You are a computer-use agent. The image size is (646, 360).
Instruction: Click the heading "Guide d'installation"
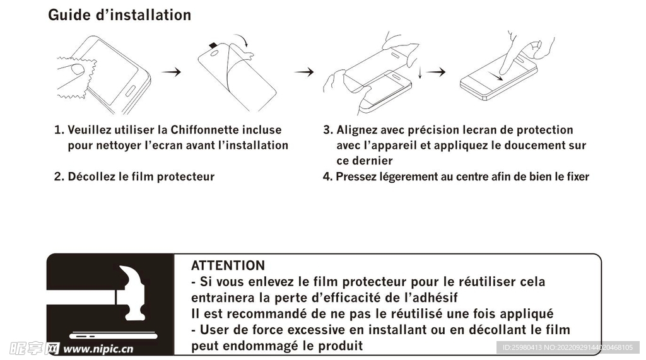pos(119,15)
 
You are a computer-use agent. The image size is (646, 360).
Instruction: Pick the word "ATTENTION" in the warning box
pos(228,265)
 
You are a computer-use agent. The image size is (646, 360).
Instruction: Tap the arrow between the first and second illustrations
pos(171,72)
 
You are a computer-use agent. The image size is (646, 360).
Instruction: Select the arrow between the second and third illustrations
pos(303,72)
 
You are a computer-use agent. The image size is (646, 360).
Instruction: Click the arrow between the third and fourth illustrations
pos(435,72)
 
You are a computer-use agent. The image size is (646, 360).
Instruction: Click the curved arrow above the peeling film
pos(242,40)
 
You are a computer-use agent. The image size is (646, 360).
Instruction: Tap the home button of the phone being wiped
pos(130,91)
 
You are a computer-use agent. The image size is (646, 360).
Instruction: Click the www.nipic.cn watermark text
pos(98,349)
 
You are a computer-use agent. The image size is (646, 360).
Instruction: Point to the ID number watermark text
pos(567,347)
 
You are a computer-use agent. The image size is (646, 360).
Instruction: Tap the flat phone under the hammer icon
pos(114,335)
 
